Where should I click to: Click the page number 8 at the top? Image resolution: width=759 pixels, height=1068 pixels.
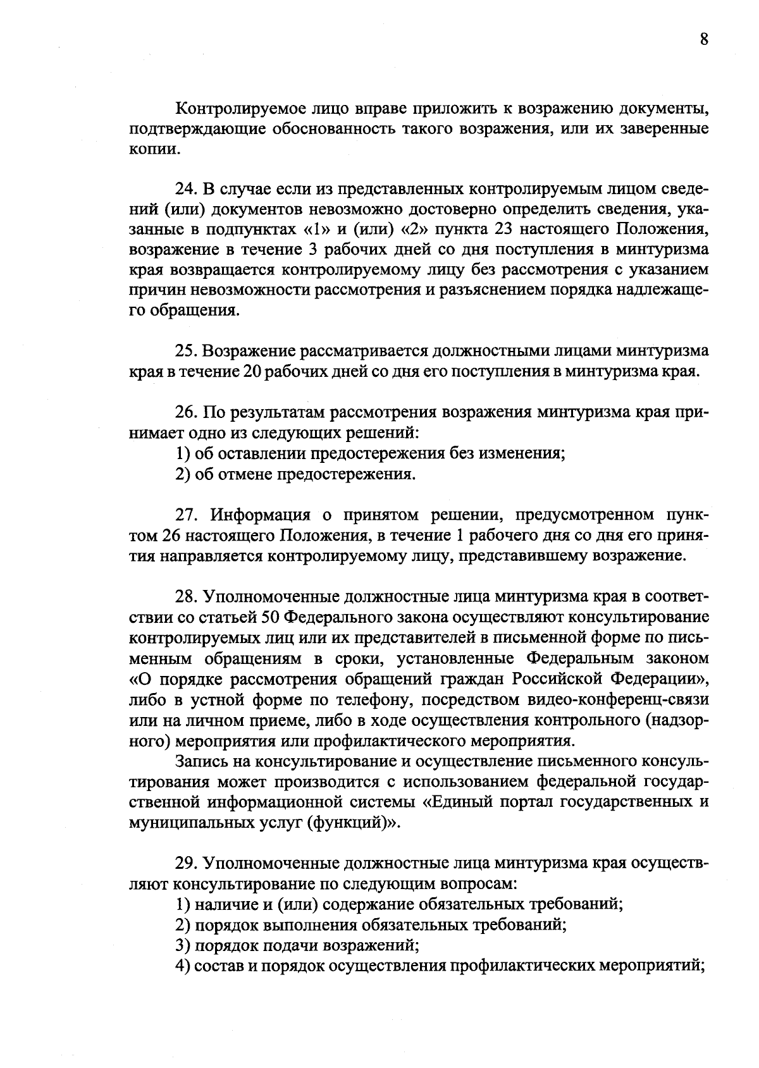point(704,39)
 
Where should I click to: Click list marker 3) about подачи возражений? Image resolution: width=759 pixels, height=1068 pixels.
point(183,946)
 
